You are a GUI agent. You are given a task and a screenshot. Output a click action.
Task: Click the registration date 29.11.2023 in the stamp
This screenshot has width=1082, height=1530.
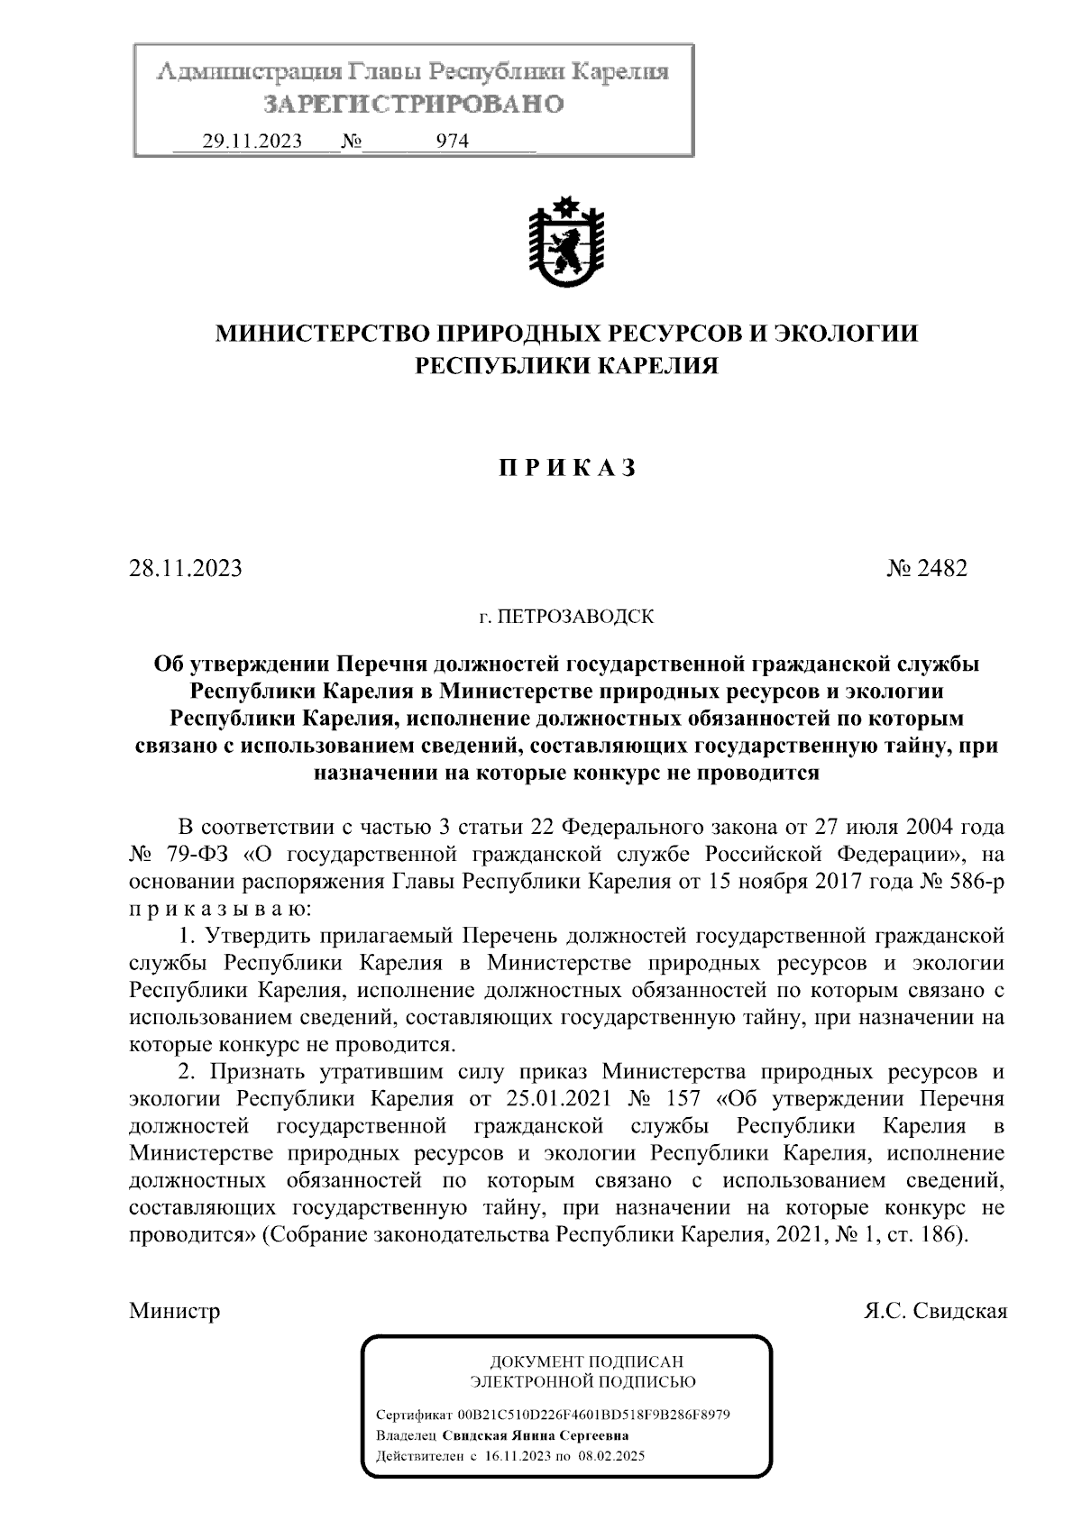tap(252, 141)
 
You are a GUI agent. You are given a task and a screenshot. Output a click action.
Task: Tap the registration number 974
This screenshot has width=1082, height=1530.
tap(453, 141)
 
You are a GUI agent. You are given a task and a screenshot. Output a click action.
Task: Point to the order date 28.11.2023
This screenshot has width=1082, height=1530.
tap(186, 569)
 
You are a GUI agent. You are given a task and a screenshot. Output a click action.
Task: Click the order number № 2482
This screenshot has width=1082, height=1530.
tap(927, 569)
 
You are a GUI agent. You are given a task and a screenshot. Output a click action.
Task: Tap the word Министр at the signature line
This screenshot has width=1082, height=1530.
tap(175, 1310)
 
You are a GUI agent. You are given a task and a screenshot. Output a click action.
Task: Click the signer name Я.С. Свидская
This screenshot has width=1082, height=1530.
tap(934, 1310)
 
